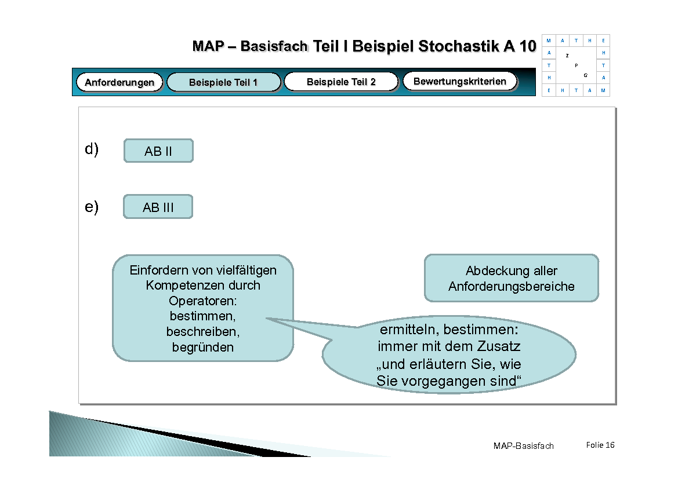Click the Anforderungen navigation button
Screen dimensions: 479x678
(119, 82)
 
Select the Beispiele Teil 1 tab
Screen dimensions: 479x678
(223, 82)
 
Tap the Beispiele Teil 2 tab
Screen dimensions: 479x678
(341, 82)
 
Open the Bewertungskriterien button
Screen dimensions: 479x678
(459, 81)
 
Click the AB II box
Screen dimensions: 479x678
(158, 151)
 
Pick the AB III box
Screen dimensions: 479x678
(158, 207)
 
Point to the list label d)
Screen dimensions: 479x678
(92, 149)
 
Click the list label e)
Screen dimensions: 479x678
(92, 206)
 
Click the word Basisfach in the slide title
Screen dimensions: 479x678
(274, 46)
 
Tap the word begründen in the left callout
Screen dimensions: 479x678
(203, 348)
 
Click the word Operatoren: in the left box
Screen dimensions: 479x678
(203, 301)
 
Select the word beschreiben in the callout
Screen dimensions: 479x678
(202, 332)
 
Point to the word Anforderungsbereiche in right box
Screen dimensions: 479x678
(511, 286)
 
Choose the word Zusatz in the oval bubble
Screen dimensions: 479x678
(499, 347)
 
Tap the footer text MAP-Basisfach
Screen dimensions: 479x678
(523, 445)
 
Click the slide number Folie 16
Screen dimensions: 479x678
(600, 445)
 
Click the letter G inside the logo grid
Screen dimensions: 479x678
(585, 75)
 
